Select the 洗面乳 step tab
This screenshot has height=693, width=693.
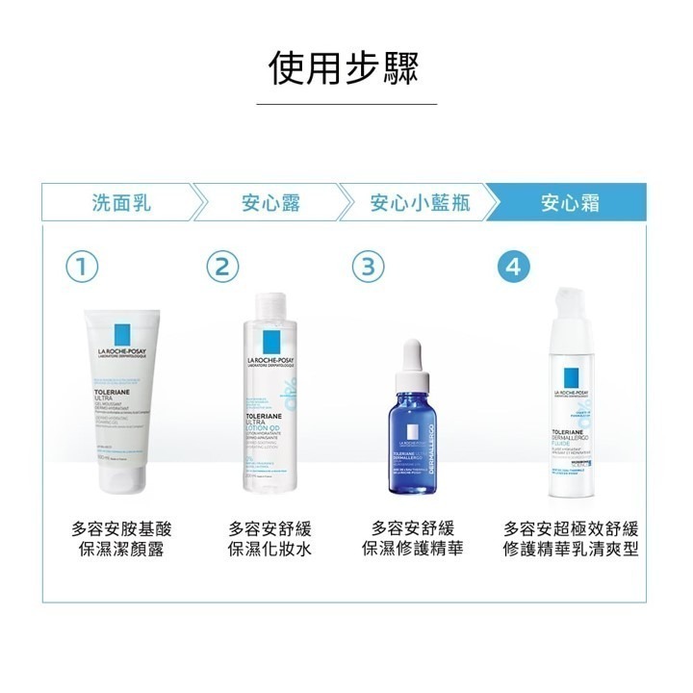pos(121,203)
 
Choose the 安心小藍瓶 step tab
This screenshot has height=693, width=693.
pos(420,203)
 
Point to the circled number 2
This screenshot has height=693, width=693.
pos(222,267)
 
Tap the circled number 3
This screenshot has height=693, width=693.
pos(365,267)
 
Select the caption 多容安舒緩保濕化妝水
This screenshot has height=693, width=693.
pos(270,539)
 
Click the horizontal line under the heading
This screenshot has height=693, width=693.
pos(346,103)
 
